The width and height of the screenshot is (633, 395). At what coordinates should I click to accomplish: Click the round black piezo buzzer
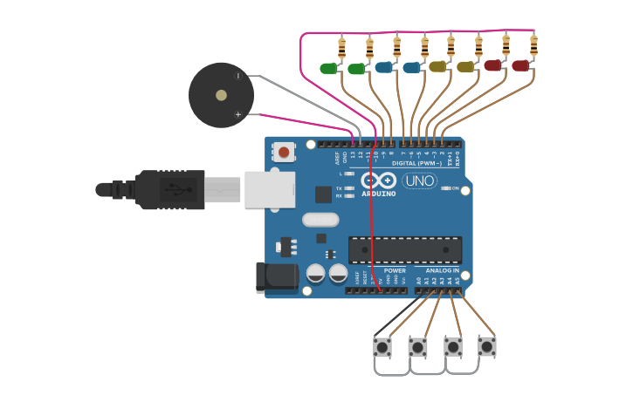(222, 95)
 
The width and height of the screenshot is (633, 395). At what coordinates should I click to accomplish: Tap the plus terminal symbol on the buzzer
(237, 114)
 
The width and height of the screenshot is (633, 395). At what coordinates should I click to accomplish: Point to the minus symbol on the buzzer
(237, 76)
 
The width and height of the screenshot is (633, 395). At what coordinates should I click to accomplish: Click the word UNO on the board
(420, 180)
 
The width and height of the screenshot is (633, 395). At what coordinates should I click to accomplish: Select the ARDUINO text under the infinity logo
(379, 194)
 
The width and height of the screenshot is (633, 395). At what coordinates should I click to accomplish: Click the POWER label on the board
(395, 270)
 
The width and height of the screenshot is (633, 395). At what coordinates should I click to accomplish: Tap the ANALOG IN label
(443, 270)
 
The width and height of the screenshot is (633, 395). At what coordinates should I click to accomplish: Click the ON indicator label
(455, 187)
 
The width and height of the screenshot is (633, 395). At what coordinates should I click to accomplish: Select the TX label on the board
(339, 187)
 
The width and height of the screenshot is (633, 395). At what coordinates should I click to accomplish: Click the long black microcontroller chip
(405, 250)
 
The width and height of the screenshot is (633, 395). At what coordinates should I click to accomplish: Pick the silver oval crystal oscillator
(320, 220)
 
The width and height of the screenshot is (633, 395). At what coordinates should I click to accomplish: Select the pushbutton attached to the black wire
(382, 347)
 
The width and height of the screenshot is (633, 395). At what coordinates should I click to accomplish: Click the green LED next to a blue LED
(355, 69)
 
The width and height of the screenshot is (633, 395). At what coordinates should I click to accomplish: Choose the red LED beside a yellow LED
(493, 65)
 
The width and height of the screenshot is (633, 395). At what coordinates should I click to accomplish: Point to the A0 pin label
(419, 281)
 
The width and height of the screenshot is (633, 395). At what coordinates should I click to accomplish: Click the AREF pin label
(338, 158)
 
